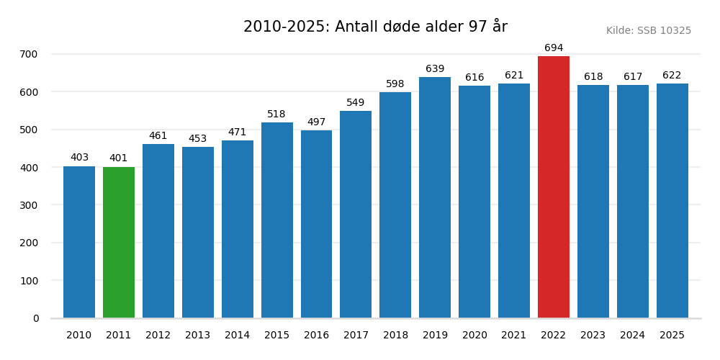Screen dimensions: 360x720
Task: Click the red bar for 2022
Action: [553, 187]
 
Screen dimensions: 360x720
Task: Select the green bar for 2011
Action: [119, 243]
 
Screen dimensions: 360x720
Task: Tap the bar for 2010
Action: [79, 242]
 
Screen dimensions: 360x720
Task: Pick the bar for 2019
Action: [435, 197]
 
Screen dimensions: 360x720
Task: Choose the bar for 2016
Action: [316, 224]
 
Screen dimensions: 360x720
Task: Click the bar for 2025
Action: [672, 201]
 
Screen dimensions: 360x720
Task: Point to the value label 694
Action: [553, 48]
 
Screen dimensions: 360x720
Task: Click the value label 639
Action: [435, 69]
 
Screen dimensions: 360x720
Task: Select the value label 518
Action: [276, 114]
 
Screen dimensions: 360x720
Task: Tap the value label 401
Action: [119, 158]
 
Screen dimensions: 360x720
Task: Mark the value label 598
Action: [395, 84]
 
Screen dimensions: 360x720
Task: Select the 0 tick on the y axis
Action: [36, 318]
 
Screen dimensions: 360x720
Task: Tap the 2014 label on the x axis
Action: [237, 336]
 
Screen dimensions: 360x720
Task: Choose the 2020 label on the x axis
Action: [474, 336]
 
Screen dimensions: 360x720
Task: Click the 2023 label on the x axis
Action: [593, 336]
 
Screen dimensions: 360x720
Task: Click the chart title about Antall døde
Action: [375, 27]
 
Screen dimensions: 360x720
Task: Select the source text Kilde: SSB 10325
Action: [648, 31]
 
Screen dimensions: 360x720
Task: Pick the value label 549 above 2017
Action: [356, 103]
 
